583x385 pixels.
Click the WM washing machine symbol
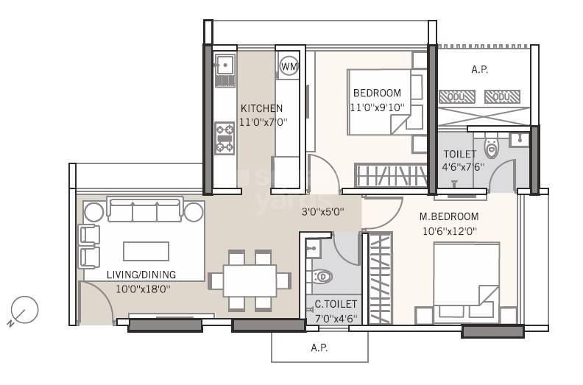[289, 66]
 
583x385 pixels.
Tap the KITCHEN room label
[261, 108]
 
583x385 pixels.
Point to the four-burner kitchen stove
[225, 138]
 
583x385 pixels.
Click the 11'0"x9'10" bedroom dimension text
[377, 107]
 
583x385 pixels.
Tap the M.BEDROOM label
[449, 216]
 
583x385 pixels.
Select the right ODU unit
[502, 96]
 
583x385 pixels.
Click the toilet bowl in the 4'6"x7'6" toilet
[492, 149]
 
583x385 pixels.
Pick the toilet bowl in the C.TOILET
[322, 277]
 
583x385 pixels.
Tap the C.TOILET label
[336, 304]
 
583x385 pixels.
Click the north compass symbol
[25, 310]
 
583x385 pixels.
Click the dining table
[249, 280]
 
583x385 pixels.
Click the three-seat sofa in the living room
[144, 210]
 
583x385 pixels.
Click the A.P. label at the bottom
[319, 347]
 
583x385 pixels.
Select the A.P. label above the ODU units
[479, 70]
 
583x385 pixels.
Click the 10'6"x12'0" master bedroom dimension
[449, 230]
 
